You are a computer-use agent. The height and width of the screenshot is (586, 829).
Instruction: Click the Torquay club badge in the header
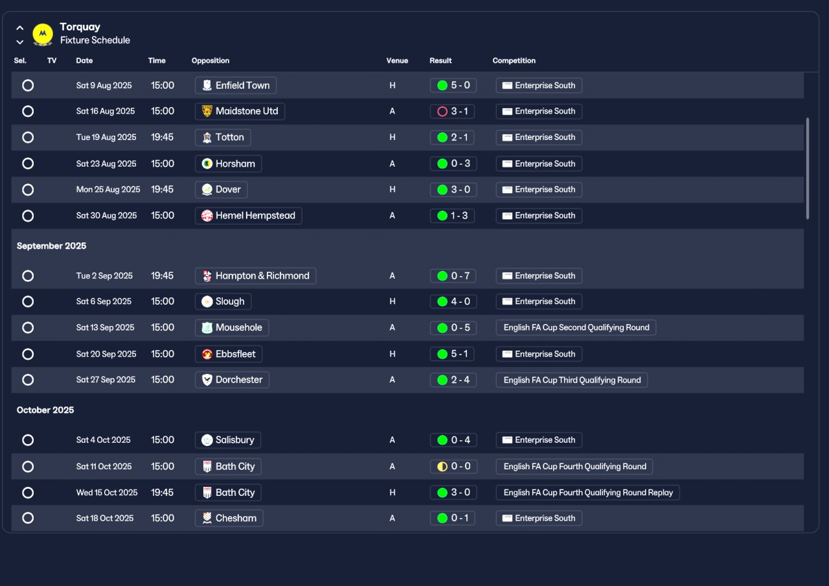[43, 34]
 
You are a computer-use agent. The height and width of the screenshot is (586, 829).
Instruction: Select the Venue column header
[397, 60]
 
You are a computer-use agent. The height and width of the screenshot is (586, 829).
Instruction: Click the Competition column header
[514, 60]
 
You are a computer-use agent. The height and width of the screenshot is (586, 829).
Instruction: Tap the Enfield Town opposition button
[235, 85]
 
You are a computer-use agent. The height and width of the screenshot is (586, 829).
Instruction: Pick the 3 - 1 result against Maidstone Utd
[452, 111]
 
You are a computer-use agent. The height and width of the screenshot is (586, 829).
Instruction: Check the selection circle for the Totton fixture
[28, 137]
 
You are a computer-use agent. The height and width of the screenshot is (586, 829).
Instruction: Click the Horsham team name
[235, 164]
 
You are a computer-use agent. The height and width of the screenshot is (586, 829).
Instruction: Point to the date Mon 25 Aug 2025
[108, 189]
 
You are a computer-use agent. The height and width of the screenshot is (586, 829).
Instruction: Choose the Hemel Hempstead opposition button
[248, 216]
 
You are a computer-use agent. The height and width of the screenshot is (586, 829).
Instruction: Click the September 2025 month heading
[51, 246]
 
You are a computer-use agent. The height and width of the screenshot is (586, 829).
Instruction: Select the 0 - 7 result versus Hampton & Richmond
[453, 275]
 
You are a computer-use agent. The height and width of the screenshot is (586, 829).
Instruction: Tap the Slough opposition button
[223, 301]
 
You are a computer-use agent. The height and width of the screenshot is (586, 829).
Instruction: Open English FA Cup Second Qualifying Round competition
[576, 327]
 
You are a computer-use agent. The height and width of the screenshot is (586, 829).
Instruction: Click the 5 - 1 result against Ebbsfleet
[452, 354]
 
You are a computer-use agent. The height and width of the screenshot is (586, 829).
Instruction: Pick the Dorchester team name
[239, 380]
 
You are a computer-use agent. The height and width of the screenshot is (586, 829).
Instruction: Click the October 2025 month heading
[45, 410]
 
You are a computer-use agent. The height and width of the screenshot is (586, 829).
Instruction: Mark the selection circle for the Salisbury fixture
[28, 440]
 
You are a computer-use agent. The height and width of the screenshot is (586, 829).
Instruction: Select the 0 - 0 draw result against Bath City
[454, 466]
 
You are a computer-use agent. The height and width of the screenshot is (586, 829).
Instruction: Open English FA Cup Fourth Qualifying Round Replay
[587, 493]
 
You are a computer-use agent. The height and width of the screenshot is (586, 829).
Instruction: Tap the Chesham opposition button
[229, 518]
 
